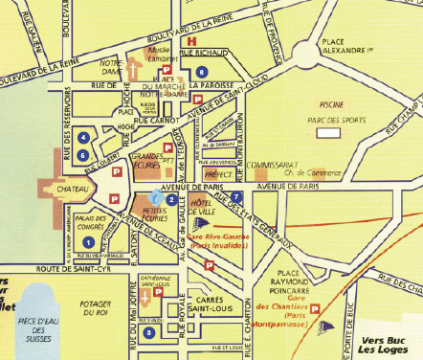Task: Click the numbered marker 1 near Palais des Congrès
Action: [x=88, y=244]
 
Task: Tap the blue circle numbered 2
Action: [x=169, y=199]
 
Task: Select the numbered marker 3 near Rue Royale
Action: [x=149, y=332]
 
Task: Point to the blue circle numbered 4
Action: [x=84, y=137]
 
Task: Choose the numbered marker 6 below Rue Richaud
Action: [x=201, y=72]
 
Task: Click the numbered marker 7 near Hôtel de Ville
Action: [x=235, y=196]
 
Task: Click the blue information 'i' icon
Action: [x=157, y=195]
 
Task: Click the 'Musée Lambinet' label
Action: [x=161, y=52]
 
